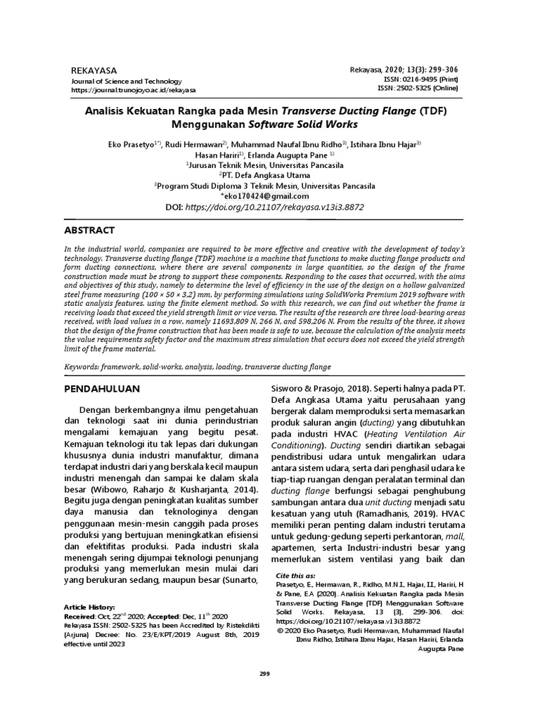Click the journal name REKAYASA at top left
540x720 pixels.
pos(94,71)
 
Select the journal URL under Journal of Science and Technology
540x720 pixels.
pos(134,90)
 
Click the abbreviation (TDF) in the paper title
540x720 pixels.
pos(433,111)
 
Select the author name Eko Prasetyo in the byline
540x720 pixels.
pos(132,144)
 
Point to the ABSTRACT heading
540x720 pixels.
pos(89,231)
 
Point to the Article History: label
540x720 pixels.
pos(94,606)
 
